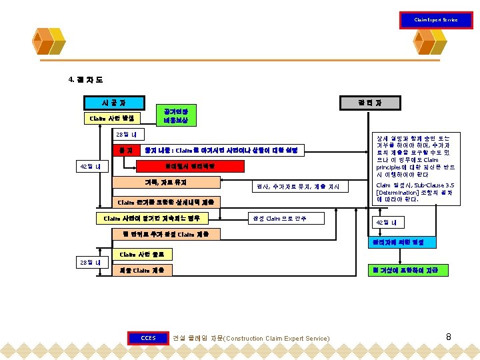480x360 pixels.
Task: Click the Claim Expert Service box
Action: click(435, 20)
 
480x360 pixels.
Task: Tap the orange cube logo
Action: click(58, 42)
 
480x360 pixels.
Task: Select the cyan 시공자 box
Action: click(113, 103)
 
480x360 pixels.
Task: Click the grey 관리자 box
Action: click(369, 103)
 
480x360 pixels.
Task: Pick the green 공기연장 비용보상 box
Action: click(176, 115)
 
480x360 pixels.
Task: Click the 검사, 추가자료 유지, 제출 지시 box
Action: click(298, 187)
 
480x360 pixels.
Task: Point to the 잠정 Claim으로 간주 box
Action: click(277, 218)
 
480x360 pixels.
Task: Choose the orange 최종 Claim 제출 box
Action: click(142, 270)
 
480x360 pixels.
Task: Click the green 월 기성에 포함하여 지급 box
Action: click(407, 270)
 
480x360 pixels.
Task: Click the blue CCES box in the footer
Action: click(148, 338)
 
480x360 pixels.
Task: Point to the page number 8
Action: click(449, 337)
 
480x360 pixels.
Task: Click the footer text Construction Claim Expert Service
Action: click(278, 339)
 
